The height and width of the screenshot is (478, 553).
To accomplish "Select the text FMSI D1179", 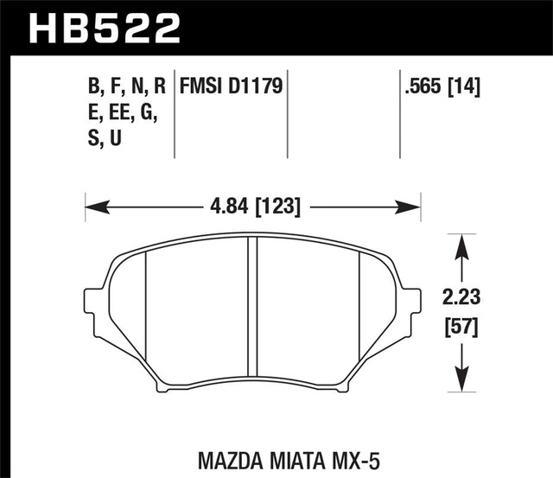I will (232, 86).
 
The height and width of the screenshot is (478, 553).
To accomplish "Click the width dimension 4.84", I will (227, 207).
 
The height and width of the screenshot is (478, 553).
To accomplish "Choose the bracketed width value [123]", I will (276, 207).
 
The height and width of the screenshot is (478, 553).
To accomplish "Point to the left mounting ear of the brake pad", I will (95, 304).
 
